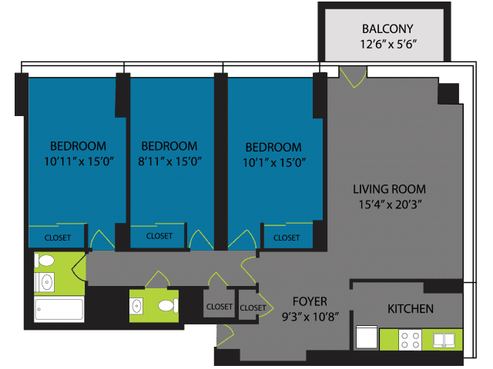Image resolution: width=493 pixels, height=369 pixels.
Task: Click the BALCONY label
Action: click(x=387, y=29)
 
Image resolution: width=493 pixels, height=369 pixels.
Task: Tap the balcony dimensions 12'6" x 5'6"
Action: click(x=388, y=45)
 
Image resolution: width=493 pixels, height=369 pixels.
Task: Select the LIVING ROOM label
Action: click(x=389, y=189)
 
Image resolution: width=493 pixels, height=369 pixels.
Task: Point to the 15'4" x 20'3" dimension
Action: click(x=390, y=204)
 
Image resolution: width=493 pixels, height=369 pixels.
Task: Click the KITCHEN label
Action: click(x=411, y=309)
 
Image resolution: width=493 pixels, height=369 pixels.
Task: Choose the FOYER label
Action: click(x=310, y=301)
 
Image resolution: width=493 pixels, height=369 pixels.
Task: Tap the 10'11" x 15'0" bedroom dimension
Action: click(x=79, y=161)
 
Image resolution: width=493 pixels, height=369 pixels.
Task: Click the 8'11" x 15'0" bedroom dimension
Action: click(x=169, y=161)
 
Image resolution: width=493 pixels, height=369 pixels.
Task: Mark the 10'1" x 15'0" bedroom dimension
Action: click(x=274, y=163)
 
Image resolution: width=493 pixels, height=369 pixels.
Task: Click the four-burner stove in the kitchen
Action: click(x=411, y=340)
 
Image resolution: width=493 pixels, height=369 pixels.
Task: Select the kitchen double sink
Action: click(x=444, y=340)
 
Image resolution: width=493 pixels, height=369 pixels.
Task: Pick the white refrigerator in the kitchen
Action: click(x=367, y=337)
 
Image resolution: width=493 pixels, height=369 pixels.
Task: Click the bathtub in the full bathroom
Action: click(x=59, y=310)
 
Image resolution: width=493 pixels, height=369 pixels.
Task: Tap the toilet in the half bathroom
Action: click(x=168, y=306)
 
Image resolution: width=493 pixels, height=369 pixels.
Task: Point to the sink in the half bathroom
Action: click(x=137, y=306)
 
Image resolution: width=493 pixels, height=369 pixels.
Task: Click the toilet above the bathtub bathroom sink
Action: click(x=45, y=261)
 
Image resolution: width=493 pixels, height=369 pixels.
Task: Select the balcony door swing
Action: click(x=354, y=77)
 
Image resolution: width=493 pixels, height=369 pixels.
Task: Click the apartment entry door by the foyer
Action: click(x=225, y=335)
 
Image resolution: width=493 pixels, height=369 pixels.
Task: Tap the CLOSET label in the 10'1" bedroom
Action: click(x=287, y=238)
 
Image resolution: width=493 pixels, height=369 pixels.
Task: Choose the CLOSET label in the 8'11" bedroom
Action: click(x=159, y=236)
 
